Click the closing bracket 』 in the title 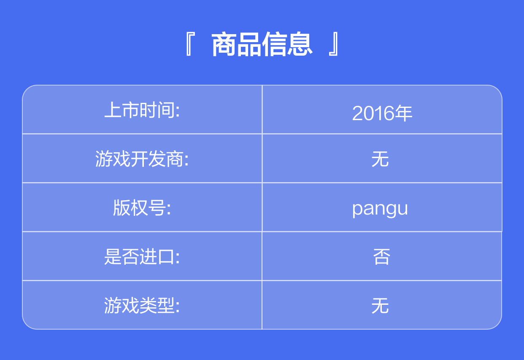click(x=333, y=44)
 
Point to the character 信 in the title click(x=274, y=44)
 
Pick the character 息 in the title click(x=300, y=44)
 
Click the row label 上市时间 click(x=140, y=110)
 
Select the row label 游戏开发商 click(x=140, y=159)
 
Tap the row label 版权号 click(x=140, y=207)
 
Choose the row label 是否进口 click(x=140, y=256)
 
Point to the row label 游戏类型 click(x=140, y=305)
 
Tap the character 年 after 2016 click(x=403, y=113)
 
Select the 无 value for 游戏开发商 click(x=380, y=159)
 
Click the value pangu click(x=380, y=209)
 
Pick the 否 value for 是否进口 click(x=381, y=256)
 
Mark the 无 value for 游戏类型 click(x=380, y=305)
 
